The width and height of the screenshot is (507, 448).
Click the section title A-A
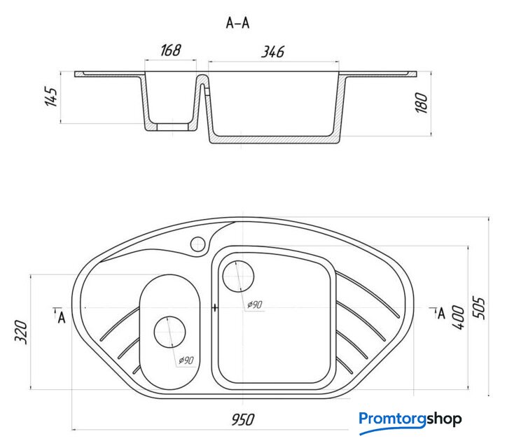[x=237, y=23]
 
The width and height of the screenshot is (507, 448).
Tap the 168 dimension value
[x=171, y=50]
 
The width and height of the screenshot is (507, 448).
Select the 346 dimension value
[x=273, y=52]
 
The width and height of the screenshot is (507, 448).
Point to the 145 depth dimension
[x=51, y=96]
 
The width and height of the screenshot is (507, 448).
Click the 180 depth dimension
[x=422, y=103]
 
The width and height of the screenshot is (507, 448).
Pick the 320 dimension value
[x=21, y=332]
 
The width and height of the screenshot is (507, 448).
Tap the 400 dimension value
[x=459, y=318]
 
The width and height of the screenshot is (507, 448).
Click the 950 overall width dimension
[x=243, y=419]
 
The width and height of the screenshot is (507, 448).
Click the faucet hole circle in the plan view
[x=197, y=244]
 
